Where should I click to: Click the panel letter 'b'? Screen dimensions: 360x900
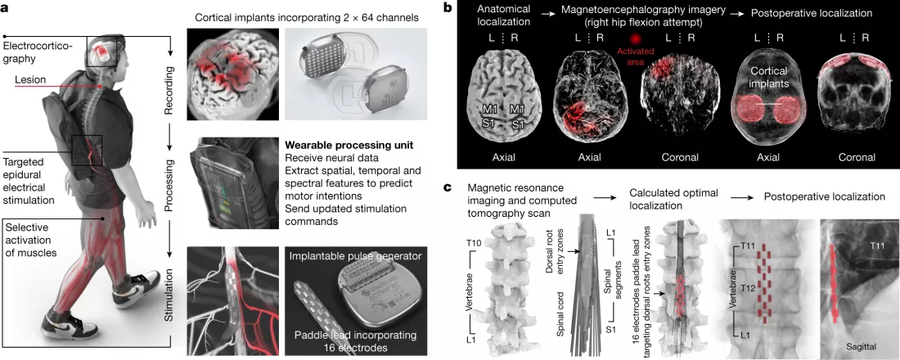[446, 8]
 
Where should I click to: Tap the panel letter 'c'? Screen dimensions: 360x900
[446, 187]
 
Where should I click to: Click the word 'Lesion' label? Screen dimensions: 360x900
[31, 79]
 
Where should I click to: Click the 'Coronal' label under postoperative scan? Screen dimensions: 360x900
[853, 157]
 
